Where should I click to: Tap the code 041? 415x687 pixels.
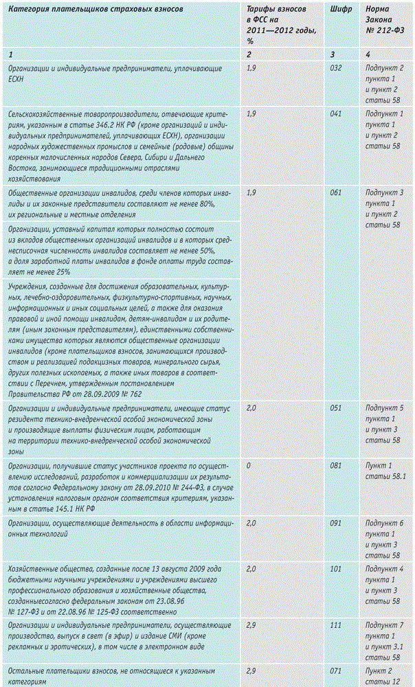click(336, 112)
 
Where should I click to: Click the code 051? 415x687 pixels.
click(336, 407)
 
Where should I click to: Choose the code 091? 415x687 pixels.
click(336, 523)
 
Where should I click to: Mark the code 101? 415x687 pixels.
click(336, 570)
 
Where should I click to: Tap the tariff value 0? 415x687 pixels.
click(249, 464)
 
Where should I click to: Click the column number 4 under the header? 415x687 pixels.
click(368, 54)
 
